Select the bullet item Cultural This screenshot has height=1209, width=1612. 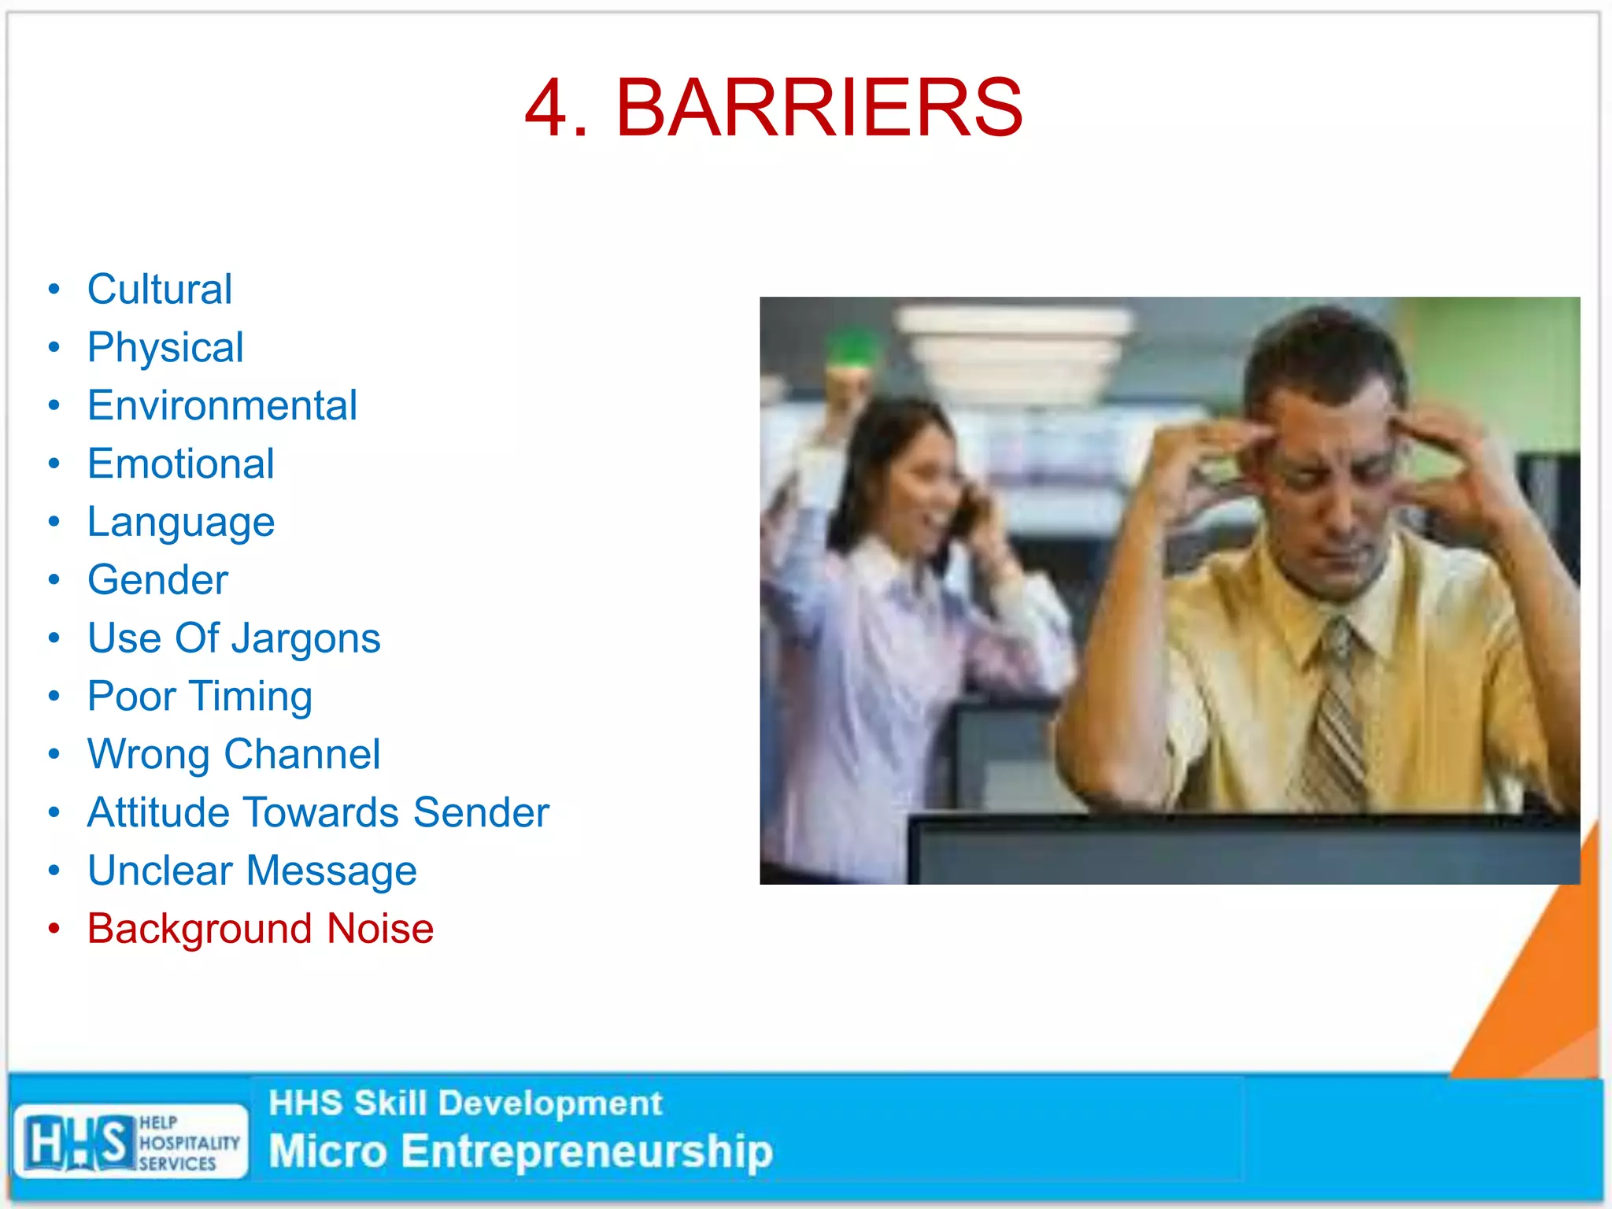point(160,289)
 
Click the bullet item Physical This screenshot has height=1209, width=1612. point(165,347)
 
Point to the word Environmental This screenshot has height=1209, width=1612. point(222,405)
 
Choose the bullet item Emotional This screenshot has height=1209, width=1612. point(181,464)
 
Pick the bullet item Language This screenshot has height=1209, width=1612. point(181,523)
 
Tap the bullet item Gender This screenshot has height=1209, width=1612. point(157,580)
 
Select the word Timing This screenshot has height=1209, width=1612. point(251,697)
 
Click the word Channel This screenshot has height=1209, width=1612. point(301,754)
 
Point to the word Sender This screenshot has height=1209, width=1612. point(480,812)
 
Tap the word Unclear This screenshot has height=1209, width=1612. point(161,871)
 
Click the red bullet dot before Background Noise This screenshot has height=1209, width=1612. point(54,929)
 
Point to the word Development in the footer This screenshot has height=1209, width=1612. point(550,1104)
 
